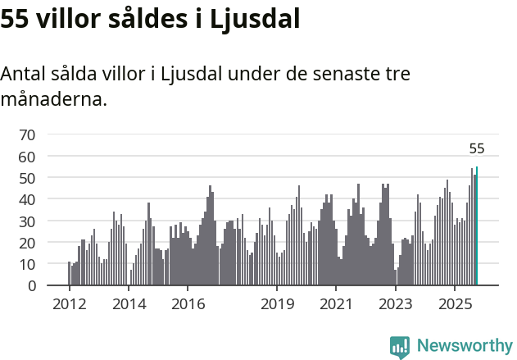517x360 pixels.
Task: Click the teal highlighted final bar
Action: pos(477,226)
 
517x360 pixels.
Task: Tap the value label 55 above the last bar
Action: pos(477,148)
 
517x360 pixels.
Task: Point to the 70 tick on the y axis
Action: pos(28,134)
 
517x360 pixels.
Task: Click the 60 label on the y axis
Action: pos(28,156)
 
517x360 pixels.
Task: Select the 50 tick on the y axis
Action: pos(28,178)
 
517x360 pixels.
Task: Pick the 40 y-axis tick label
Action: pos(28,199)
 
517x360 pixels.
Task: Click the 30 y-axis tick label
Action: pos(28,221)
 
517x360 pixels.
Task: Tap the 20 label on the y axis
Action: pos(28,243)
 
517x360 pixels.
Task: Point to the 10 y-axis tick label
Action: pos(28,264)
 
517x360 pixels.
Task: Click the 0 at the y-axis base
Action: pos(32,286)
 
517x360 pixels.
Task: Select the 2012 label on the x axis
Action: pos(69,304)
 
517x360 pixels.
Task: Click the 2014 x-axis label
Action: pos(128,304)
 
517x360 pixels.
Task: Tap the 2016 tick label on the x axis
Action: pos(188,304)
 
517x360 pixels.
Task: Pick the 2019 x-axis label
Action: pos(277,304)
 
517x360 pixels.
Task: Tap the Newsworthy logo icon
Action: pos(400,347)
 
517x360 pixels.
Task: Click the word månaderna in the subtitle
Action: pos(53,100)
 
